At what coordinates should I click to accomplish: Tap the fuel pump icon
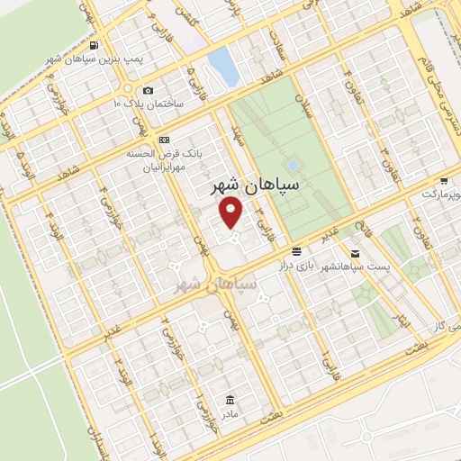(95, 45)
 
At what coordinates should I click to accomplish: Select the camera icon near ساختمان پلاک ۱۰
(149, 91)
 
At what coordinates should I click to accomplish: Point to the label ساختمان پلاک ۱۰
(148, 104)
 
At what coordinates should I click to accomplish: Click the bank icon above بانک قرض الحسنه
(163, 140)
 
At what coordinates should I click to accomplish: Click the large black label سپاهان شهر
(242, 188)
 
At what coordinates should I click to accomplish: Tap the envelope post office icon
(357, 254)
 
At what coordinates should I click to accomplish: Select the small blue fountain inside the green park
(293, 166)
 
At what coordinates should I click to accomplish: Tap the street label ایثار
(402, 318)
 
